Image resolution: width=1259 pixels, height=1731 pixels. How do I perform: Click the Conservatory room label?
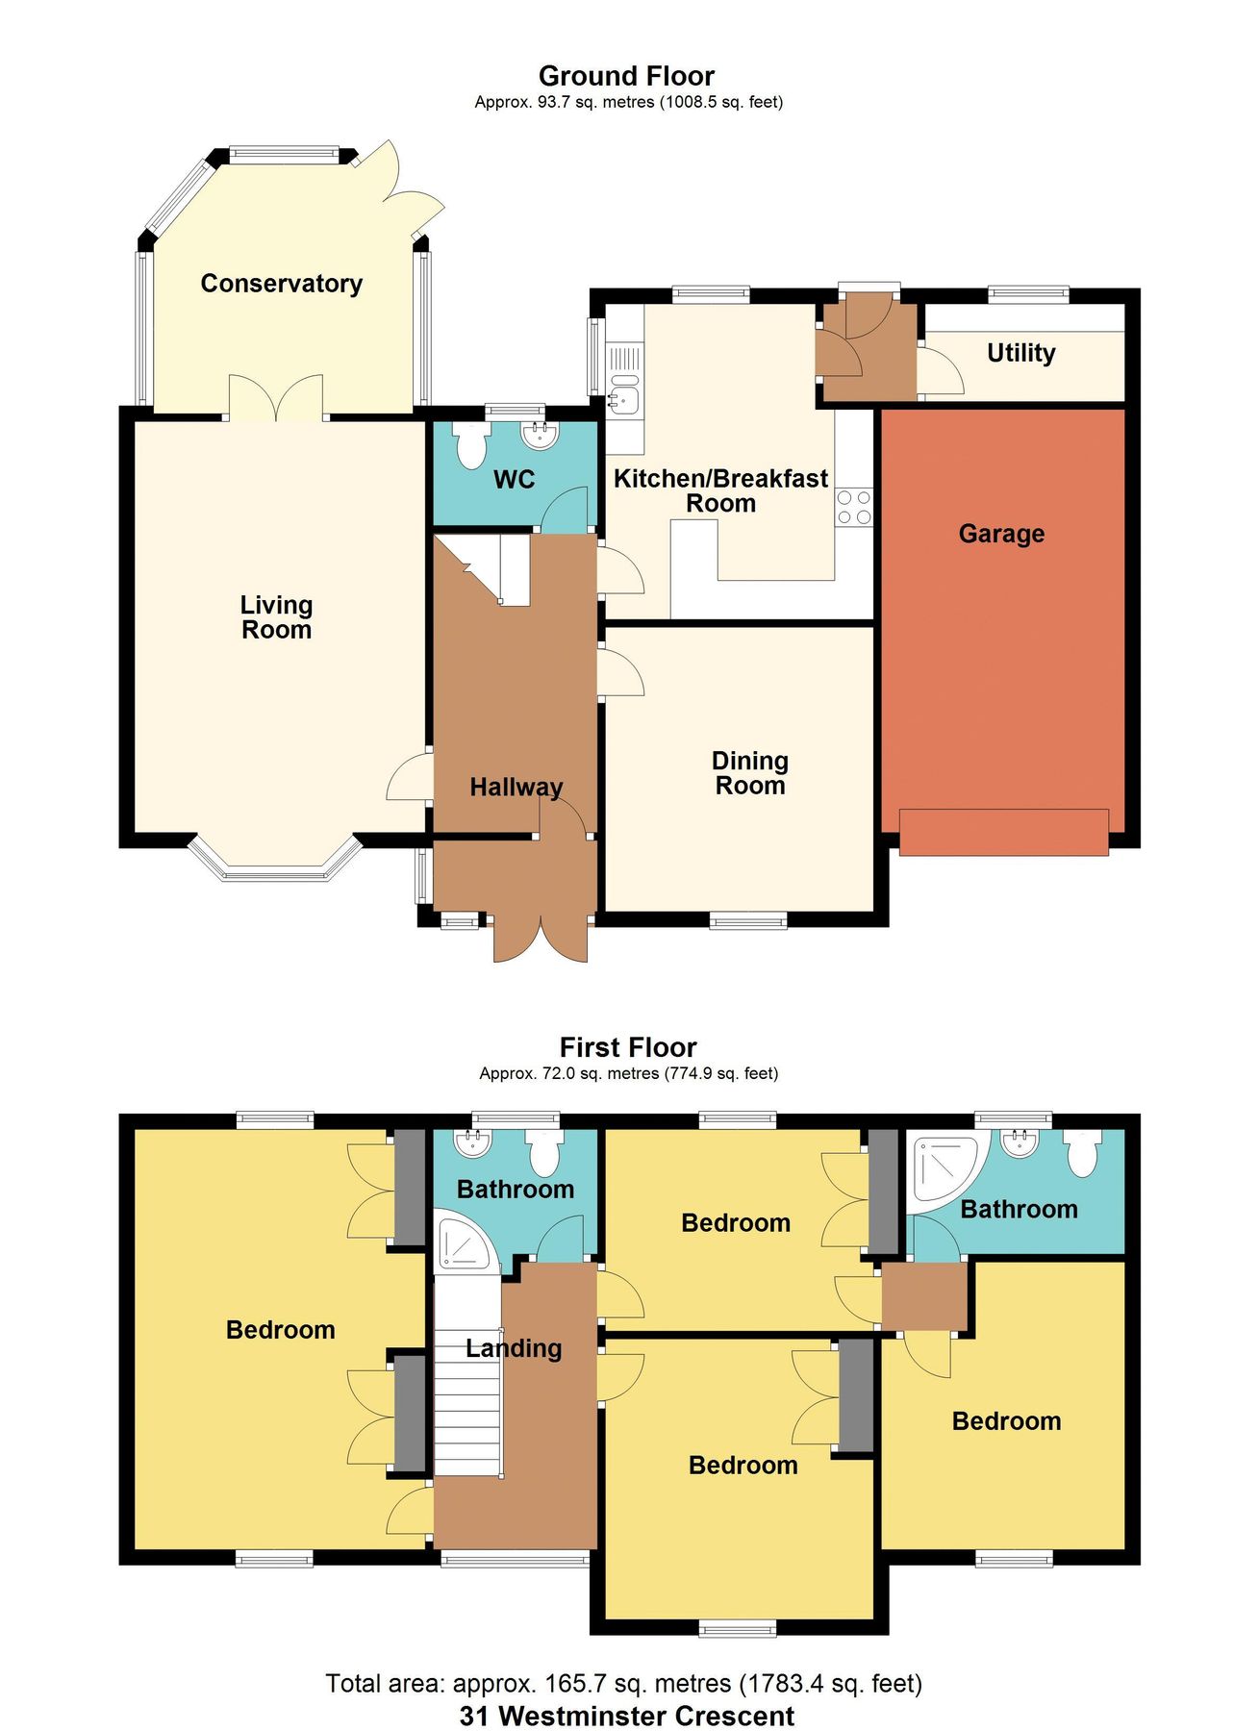coord(281,284)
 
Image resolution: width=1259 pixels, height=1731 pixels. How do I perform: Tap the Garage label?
coord(1000,534)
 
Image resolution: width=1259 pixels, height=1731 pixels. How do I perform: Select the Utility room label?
coord(1020,353)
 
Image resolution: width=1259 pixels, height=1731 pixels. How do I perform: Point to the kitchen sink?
coord(624,396)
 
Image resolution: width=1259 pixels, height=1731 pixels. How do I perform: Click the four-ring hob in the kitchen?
coord(853,508)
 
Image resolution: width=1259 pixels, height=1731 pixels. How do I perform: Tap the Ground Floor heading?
coord(626,76)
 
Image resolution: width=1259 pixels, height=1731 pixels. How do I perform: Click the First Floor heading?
coord(628,1047)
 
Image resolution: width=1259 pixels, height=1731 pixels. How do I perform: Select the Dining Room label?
coord(749,773)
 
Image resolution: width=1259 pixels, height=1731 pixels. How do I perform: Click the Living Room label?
coord(276,617)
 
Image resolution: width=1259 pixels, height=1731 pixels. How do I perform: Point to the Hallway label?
coord(516,788)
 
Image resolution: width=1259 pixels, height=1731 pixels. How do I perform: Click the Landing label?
coord(514,1348)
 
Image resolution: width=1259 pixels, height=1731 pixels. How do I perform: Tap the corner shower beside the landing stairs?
coord(464,1244)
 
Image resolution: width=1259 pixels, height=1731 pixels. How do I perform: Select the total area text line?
coord(623,1684)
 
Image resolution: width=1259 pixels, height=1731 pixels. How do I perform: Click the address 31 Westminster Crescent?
coord(627,1716)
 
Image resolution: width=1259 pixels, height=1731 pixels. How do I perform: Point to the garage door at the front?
coord(1003,833)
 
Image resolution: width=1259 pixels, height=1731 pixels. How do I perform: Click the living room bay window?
coord(274,864)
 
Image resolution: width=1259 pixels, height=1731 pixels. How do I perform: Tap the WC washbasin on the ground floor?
coord(541,436)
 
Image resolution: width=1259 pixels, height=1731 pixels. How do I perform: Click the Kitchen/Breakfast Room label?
coord(720,490)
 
